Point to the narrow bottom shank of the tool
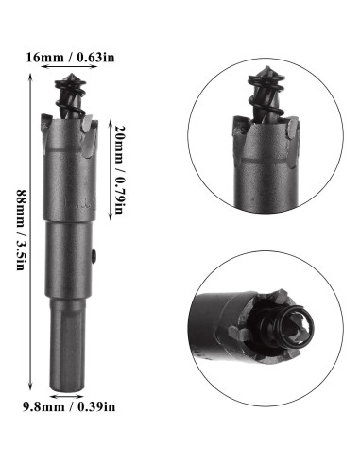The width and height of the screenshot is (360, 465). (70, 350)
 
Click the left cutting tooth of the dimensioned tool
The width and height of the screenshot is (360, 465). (49, 123)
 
